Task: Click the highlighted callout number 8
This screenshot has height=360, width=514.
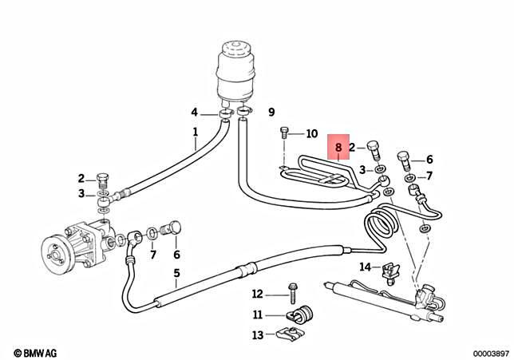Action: coord(338,148)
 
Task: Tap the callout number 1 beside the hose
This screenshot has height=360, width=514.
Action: coord(195,131)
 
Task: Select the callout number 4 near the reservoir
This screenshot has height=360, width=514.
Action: coord(194,112)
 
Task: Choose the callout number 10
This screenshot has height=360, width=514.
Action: coord(311,133)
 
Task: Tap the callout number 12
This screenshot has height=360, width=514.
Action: coord(258,293)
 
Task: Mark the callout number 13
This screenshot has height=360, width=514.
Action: coord(258,334)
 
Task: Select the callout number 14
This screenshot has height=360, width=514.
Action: coord(365,267)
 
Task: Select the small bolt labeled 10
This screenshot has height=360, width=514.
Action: coord(285,135)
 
